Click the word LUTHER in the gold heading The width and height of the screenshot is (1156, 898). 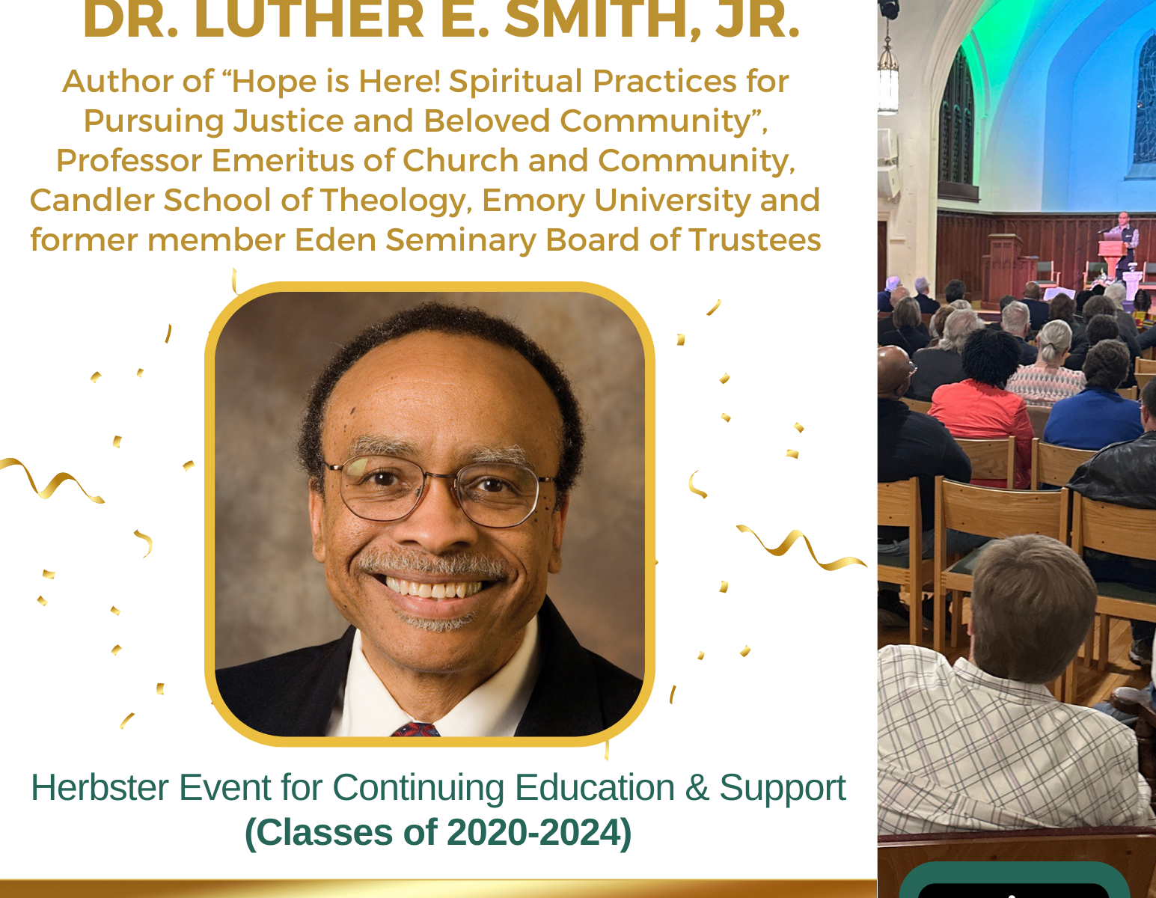coord(309,19)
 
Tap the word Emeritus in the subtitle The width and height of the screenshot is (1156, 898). coord(283,160)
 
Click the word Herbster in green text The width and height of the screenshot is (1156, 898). coord(100,787)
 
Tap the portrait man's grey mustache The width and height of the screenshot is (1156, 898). coord(432,563)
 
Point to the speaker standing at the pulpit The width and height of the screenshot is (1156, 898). coord(1122,242)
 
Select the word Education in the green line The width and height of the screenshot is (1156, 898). coord(595,787)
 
